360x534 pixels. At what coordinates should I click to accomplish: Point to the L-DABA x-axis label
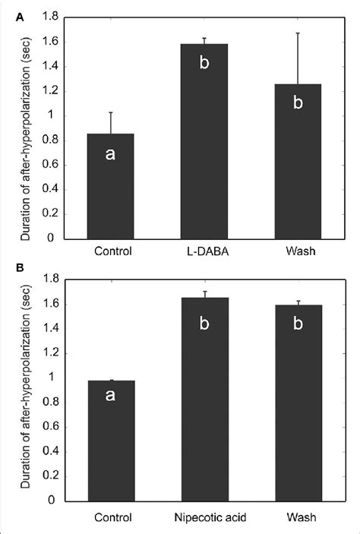click(205, 251)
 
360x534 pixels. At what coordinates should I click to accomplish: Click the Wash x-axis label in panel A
click(297, 251)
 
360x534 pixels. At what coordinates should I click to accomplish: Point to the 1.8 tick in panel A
click(49, 17)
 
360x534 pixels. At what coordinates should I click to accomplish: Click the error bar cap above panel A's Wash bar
click(297, 33)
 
